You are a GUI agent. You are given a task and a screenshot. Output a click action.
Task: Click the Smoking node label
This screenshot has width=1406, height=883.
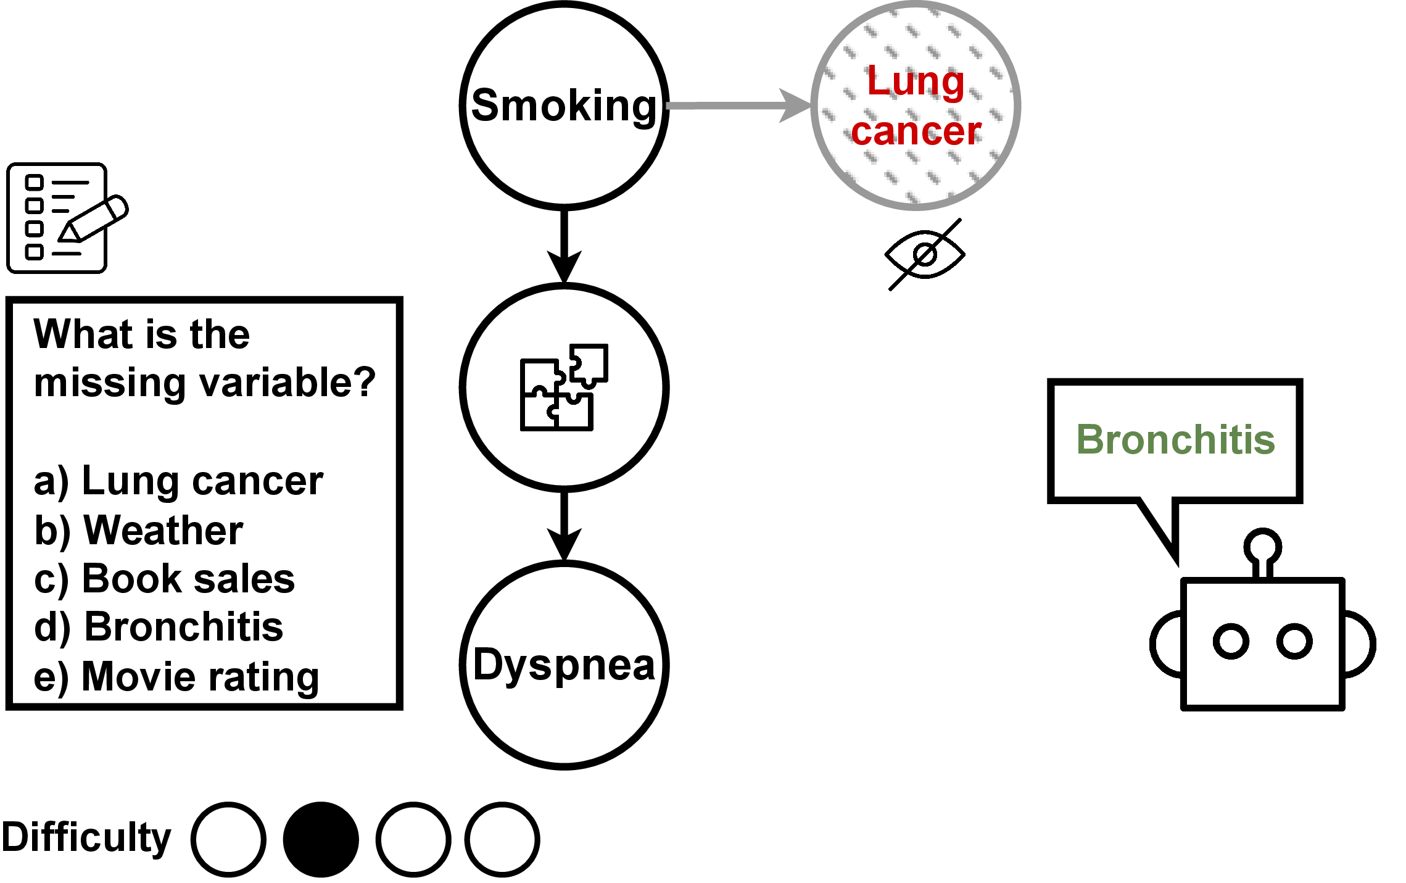[x=564, y=106]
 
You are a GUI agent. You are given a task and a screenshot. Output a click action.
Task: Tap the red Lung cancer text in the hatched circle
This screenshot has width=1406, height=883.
[x=916, y=106]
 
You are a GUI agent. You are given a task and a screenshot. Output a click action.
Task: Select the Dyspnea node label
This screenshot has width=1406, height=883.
[x=564, y=665]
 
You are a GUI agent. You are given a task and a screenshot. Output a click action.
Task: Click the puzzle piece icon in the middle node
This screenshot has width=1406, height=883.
[x=564, y=387]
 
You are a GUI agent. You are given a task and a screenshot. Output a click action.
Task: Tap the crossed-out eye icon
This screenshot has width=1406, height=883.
[x=925, y=254]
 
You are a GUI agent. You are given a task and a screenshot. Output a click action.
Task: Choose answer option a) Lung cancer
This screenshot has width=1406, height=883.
[x=178, y=481]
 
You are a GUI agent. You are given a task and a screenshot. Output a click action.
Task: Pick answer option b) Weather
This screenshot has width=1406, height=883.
[x=139, y=531]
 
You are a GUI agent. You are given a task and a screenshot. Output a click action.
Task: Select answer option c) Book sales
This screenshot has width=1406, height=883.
[x=164, y=579]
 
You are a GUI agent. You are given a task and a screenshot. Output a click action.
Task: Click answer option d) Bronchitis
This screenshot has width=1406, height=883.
[x=159, y=628]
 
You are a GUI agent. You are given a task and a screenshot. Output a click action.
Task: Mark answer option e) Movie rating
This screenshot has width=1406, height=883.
[x=176, y=677]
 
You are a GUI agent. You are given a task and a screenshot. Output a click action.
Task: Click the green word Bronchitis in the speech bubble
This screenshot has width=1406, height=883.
[x=1175, y=440]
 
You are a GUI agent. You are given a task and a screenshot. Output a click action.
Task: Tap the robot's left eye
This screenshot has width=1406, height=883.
[x=1231, y=641]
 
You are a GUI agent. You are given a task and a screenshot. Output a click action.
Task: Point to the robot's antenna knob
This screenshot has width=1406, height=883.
[x=1262, y=547]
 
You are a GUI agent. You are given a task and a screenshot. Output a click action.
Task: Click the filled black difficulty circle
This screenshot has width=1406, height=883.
[x=321, y=839]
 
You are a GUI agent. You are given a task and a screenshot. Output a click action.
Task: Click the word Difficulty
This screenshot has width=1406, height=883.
[x=86, y=838]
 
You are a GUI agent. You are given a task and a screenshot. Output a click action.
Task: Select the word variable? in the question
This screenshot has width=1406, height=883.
[x=288, y=383]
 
